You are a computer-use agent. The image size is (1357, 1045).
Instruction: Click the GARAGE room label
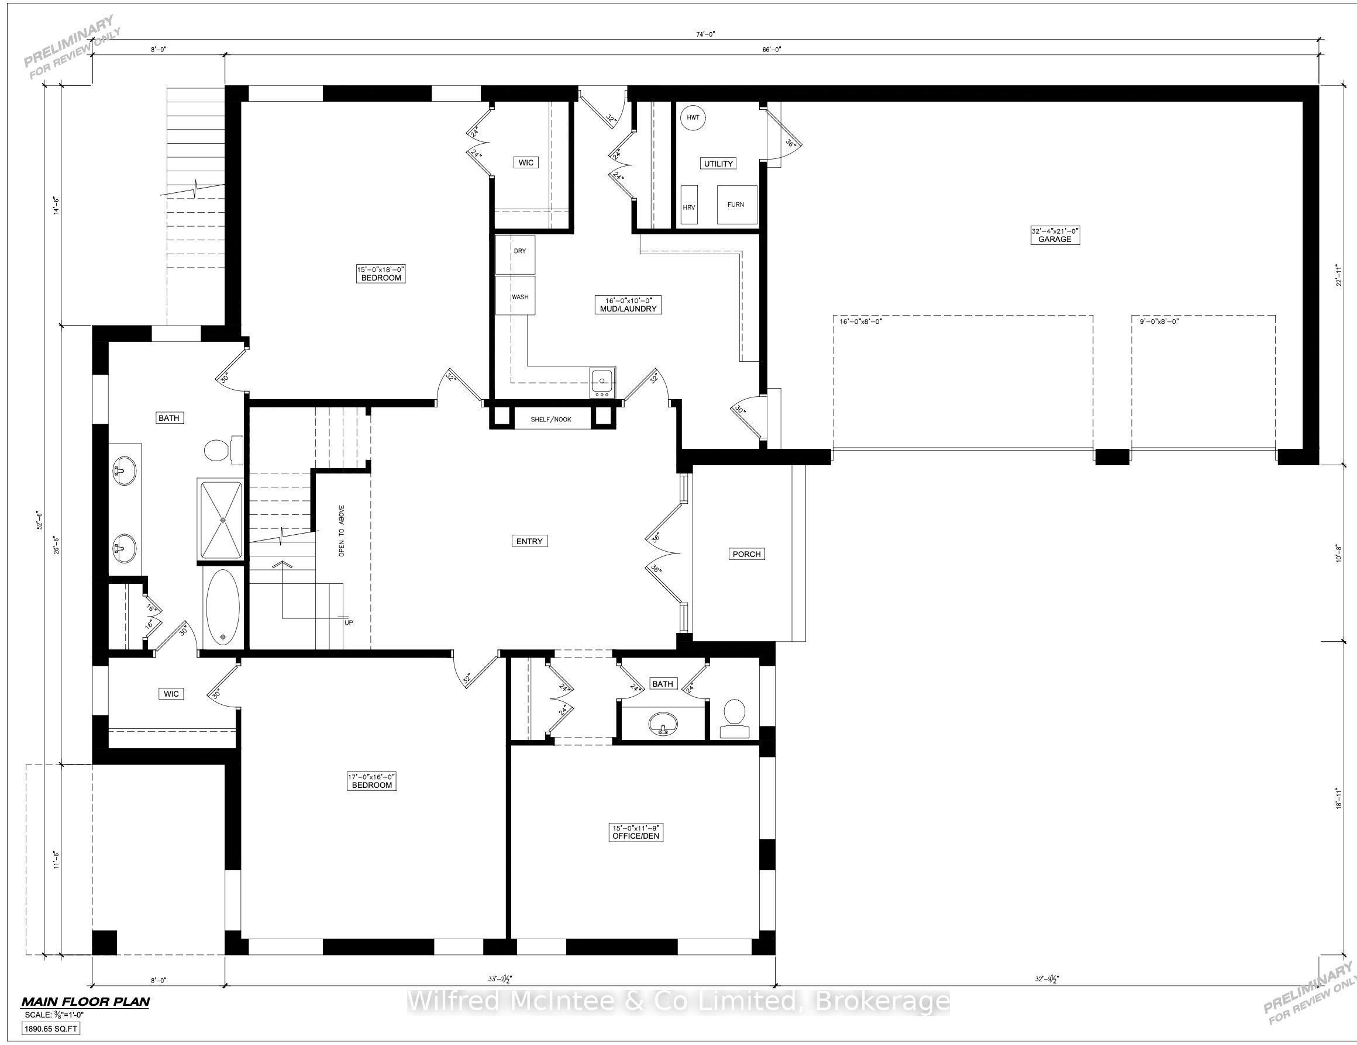(x=1055, y=239)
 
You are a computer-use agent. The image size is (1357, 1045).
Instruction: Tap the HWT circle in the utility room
(x=693, y=117)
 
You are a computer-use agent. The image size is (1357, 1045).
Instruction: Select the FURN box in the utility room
(x=737, y=205)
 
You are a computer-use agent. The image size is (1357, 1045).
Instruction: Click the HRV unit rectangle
(x=689, y=205)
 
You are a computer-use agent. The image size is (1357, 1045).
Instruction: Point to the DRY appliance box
(x=515, y=254)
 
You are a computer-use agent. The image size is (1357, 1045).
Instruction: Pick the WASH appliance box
(x=515, y=296)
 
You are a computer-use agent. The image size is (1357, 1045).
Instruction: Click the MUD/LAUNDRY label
(x=628, y=309)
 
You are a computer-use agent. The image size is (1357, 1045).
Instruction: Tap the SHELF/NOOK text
(x=550, y=420)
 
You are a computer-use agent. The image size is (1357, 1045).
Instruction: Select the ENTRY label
(x=529, y=541)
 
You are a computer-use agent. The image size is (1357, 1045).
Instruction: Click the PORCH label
(x=747, y=554)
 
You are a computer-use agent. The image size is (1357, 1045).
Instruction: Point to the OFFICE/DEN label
(x=636, y=836)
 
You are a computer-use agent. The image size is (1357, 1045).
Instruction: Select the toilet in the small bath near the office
(x=735, y=718)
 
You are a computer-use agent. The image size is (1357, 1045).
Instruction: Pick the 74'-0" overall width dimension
(x=706, y=34)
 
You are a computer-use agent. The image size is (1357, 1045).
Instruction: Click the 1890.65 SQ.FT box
(x=51, y=1029)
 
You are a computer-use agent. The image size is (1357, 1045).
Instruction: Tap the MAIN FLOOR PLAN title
(x=86, y=1002)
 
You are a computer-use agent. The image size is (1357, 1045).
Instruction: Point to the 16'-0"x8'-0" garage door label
(x=860, y=321)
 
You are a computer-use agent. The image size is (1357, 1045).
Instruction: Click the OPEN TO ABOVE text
(x=342, y=531)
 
